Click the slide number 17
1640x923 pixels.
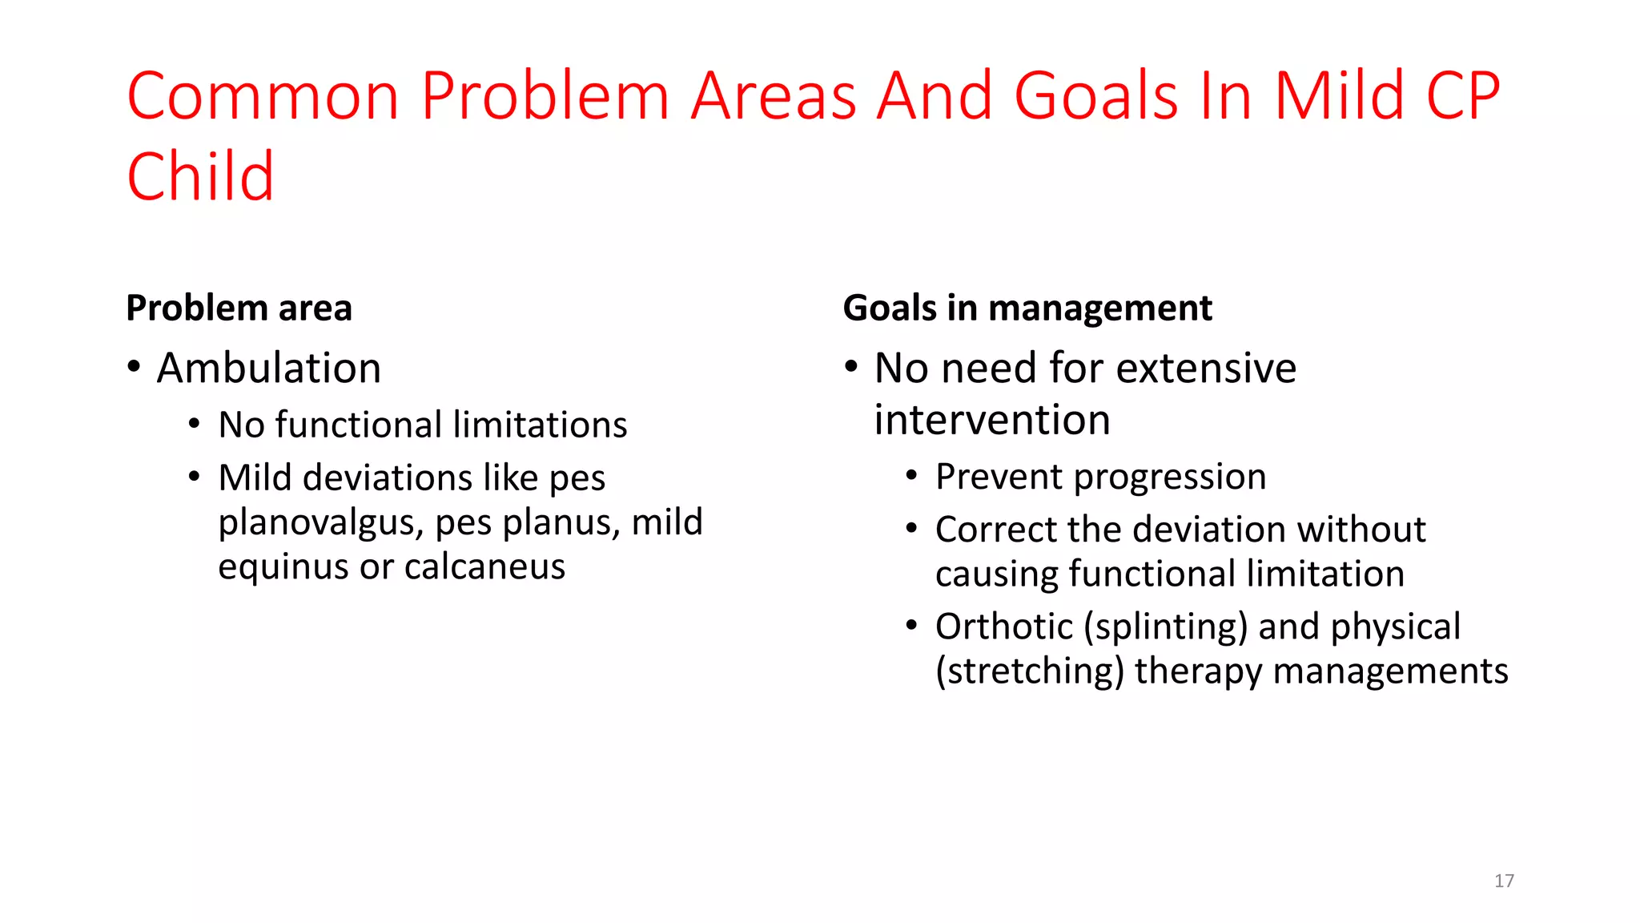click(x=1504, y=881)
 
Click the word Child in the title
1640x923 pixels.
click(x=200, y=176)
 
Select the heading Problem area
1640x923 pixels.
click(x=239, y=308)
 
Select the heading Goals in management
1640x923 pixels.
click(x=1027, y=308)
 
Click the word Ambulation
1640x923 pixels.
click(x=268, y=369)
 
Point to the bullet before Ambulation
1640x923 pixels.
click(x=134, y=367)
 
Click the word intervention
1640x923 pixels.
click(x=991, y=420)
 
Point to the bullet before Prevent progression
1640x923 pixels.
click(x=911, y=476)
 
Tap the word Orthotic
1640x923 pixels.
click(x=1003, y=627)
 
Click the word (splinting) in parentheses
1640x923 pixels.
click(x=1165, y=627)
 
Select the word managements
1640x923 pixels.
click(x=1390, y=671)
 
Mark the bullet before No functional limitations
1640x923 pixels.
click(x=194, y=424)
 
